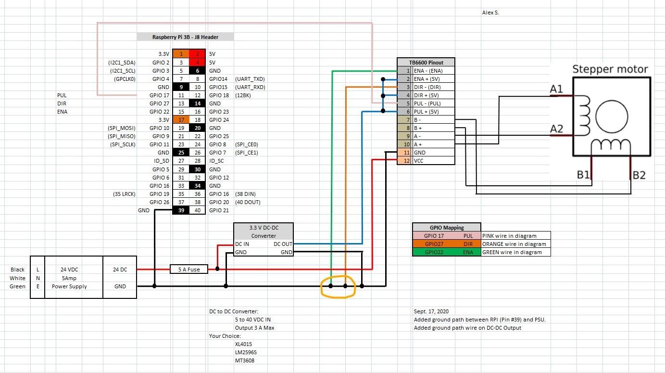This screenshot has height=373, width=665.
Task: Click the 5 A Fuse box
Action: click(x=189, y=270)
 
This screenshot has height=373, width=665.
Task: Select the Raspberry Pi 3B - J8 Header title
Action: click(x=185, y=37)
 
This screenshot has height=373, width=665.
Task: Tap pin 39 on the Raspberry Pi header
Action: click(x=181, y=210)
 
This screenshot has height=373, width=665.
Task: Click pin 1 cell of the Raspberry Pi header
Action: click(x=181, y=54)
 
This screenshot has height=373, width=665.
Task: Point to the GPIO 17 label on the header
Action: click(x=159, y=95)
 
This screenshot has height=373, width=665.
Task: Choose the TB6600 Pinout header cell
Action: click(x=426, y=63)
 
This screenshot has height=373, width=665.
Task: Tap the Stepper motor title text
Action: click(x=610, y=69)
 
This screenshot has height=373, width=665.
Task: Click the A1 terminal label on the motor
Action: click(x=556, y=89)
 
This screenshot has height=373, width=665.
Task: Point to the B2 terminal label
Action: click(x=639, y=175)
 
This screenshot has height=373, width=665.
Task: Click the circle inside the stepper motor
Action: click(x=612, y=116)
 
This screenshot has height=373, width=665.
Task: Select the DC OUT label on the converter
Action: click(x=283, y=244)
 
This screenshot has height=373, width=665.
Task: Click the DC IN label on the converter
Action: click(x=242, y=244)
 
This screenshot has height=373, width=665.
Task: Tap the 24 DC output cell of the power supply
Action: click(x=120, y=270)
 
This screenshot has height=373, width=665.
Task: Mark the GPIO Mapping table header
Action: click(x=446, y=228)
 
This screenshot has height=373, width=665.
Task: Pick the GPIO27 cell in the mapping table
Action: click(x=434, y=244)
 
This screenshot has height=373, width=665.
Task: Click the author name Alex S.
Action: click(x=490, y=13)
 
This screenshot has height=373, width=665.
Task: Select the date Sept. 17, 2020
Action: click(x=431, y=311)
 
